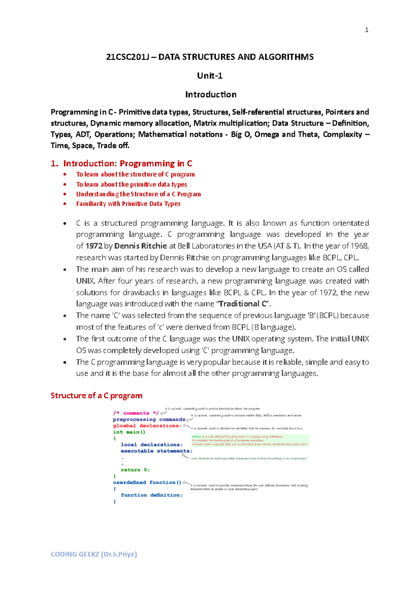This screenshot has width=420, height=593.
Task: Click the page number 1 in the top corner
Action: point(366,30)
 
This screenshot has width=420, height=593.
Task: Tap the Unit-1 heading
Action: point(210,76)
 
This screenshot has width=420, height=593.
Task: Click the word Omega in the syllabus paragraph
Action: point(267,135)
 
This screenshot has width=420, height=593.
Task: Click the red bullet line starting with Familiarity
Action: point(128,204)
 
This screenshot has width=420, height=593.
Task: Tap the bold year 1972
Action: point(94,246)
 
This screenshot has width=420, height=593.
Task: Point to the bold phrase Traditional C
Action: point(243,304)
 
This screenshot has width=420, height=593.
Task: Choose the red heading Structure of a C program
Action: point(97,396)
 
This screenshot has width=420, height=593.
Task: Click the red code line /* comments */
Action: point(136,413)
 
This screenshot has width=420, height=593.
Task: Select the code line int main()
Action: point(129,432)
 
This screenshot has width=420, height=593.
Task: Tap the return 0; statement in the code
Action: point(135,470)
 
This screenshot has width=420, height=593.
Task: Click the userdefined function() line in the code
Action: point(147,483)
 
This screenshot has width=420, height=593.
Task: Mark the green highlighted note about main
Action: point(250,441)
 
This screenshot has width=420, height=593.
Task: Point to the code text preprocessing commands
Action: point(149,420)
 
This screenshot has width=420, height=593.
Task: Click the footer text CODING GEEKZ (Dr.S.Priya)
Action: point(94,554)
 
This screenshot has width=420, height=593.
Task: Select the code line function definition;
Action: point(152,495)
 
